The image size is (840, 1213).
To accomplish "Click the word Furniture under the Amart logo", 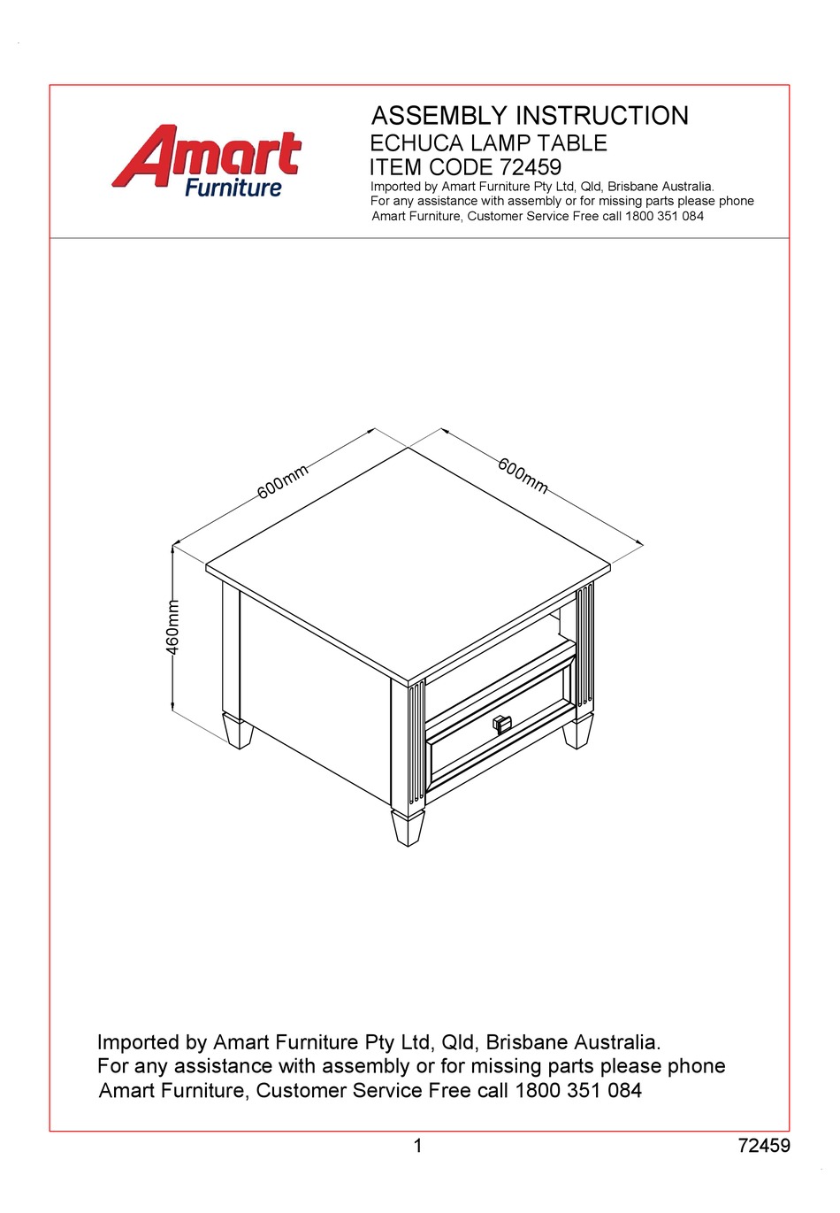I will pos(233,188).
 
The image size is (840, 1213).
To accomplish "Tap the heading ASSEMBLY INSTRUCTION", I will pos(530,116).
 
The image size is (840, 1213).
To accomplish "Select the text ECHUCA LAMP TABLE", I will pos(488,143).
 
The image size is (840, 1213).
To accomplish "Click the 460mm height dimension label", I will pos(173,627).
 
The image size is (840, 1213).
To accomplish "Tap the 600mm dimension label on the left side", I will pos(283,481).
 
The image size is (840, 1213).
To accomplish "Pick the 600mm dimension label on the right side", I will pos(523,476).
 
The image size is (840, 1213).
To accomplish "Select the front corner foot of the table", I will pos(408,828).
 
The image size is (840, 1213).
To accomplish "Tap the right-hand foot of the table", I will pos(577,733).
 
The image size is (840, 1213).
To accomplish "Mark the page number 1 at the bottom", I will pos(418,1147).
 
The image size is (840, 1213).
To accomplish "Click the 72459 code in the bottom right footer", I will pos(764,1147).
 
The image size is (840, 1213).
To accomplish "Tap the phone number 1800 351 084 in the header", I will pos(664,216).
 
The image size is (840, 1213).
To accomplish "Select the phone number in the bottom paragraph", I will pos(578,1091).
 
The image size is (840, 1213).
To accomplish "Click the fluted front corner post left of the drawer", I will pos(416,743).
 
